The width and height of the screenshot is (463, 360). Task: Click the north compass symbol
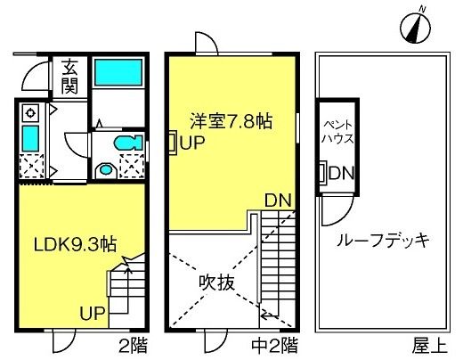416,27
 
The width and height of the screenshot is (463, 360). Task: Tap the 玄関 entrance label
69,77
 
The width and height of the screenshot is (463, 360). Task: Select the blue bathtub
118,72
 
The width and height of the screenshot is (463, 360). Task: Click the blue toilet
128,143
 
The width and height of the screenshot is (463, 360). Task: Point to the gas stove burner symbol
30,113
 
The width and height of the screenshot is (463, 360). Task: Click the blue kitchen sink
31,138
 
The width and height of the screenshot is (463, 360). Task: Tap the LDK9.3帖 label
75,245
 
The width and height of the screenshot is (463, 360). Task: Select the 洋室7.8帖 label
231,121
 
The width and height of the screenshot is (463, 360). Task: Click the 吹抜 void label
217,282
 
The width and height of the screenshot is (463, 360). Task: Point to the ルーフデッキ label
383,241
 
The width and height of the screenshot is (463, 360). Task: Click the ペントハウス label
337,132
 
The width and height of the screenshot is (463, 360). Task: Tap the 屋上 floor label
429,346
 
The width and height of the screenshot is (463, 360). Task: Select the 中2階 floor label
274,346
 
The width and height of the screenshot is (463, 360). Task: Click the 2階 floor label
133,346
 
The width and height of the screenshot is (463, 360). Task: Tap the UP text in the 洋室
192,143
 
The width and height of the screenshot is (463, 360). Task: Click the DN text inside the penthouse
342,173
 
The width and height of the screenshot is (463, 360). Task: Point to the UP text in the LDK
93,313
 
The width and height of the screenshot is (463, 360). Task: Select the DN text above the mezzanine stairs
278,200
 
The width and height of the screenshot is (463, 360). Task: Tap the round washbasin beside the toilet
106,170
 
